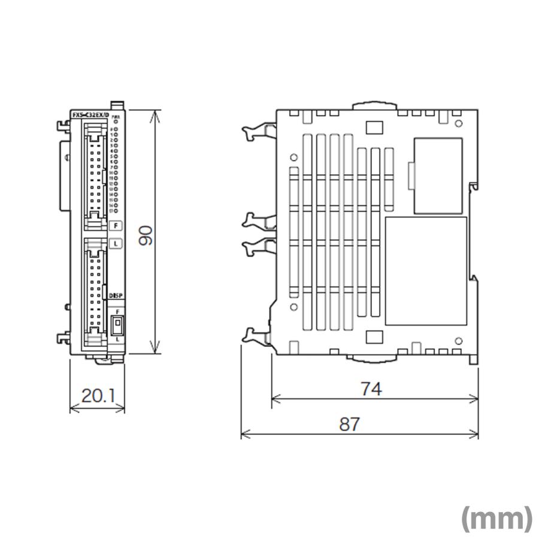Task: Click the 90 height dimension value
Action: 146,235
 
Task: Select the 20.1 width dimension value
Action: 99,395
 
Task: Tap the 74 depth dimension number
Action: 371,389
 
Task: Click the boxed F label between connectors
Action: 116,226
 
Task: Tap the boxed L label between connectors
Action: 116,243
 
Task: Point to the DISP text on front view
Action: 116,295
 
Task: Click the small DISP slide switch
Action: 117,326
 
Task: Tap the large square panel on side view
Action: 426,271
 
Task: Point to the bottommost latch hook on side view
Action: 256,337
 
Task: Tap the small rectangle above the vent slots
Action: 373,127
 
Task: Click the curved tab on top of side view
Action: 376,105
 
